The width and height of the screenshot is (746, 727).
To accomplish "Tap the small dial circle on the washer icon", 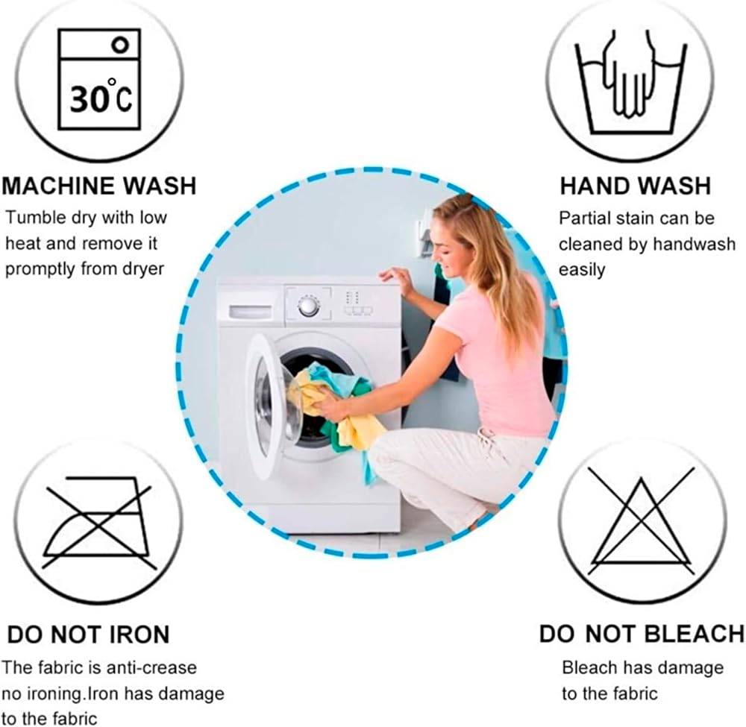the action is (120, 45).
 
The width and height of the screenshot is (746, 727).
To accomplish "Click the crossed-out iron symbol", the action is (99, 521).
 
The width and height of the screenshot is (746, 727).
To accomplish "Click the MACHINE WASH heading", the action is (99, 186).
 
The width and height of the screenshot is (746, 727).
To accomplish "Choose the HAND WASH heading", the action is (635, 186).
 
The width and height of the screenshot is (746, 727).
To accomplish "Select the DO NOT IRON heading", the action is (89, 635).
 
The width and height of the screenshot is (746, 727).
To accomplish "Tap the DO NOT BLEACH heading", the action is (642, 634).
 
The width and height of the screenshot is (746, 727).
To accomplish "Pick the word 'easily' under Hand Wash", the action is (582, 270).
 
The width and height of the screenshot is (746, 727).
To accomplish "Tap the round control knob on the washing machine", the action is (309, 306).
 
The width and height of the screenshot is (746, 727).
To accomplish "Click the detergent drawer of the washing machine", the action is (251, 312).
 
